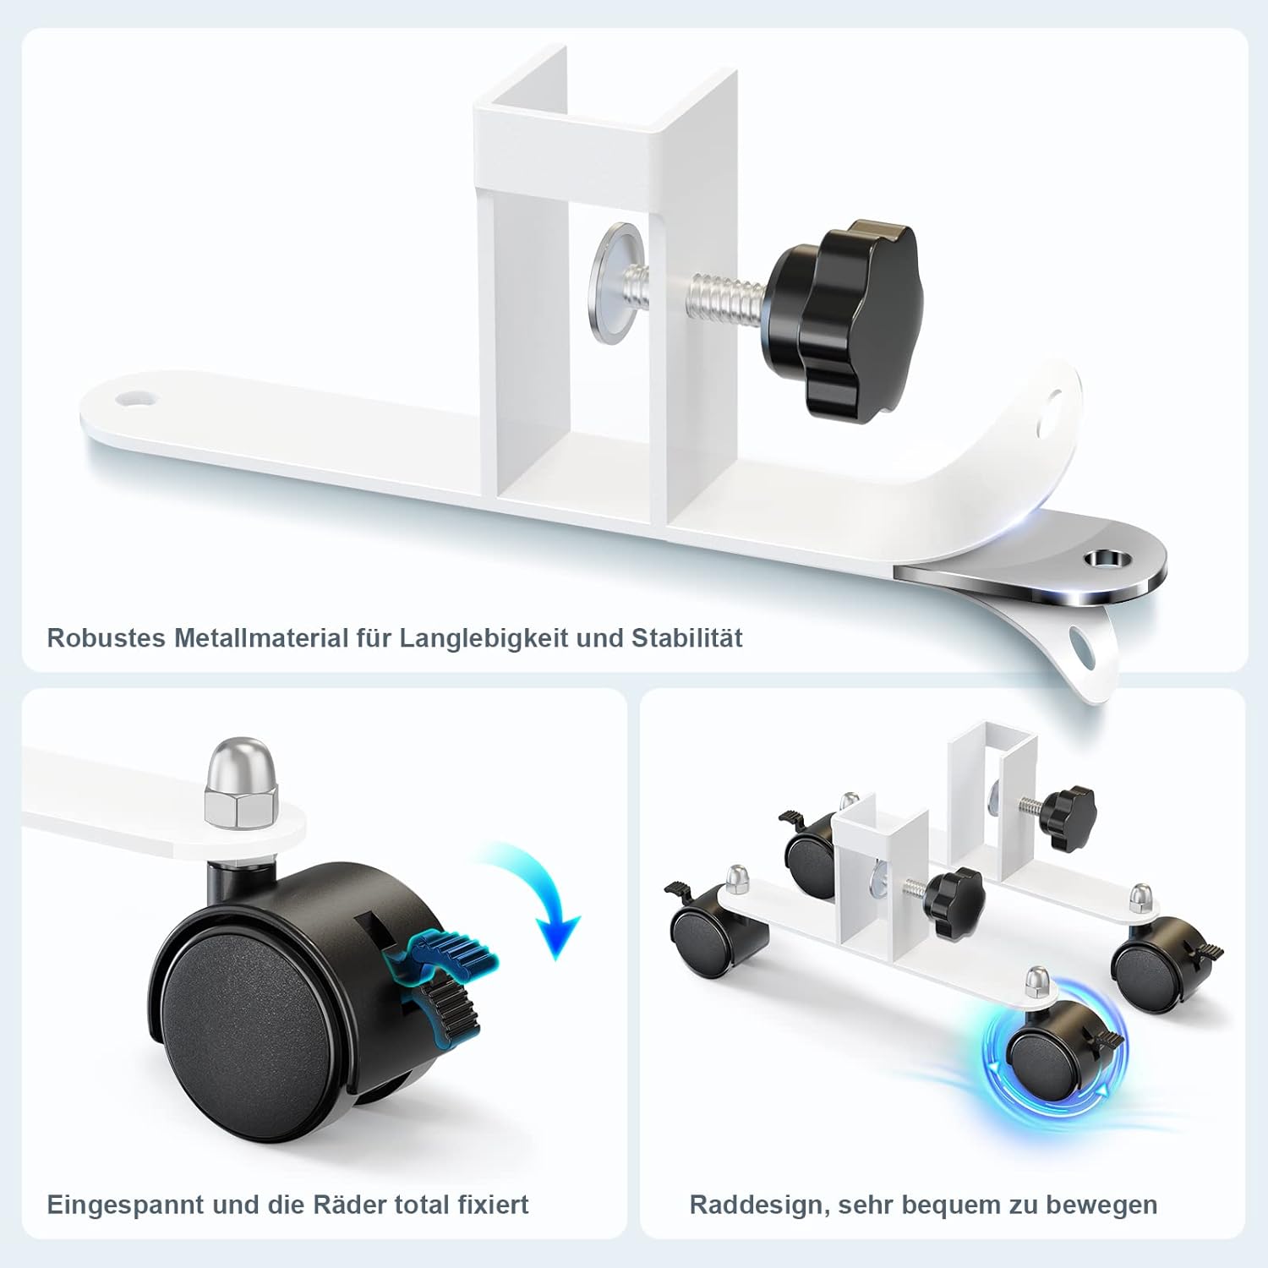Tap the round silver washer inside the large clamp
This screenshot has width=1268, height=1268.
click(615, 283)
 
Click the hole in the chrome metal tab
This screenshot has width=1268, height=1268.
click(1106, 559)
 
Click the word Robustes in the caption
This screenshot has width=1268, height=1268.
click(107, 637)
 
